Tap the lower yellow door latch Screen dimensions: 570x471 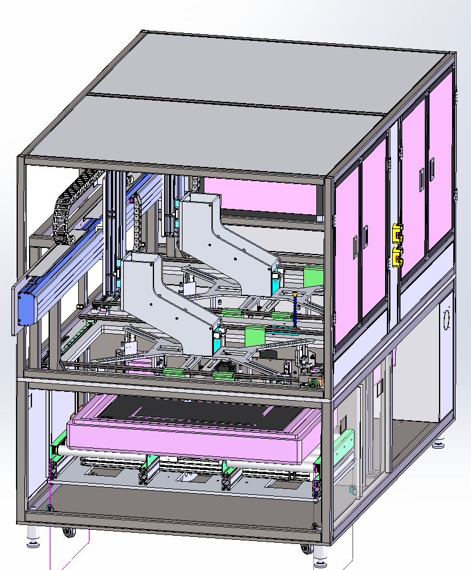pos(398,257)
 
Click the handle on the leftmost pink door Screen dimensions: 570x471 pos(354,243)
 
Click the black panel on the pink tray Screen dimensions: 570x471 pos(196,414)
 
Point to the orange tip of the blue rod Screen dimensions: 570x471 pos(294,294)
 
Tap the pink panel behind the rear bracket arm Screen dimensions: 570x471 pos(261,195)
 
